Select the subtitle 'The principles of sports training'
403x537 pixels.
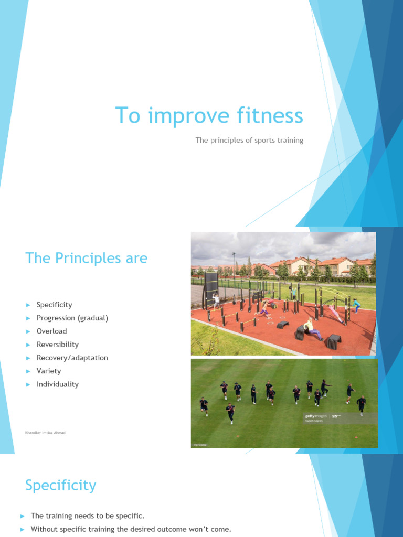(249, 140)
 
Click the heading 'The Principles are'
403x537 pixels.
(87, 258)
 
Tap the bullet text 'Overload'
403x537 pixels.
(51, 331)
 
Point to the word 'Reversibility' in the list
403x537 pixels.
(58, 345)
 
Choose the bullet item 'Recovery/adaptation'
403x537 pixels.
(72, 358)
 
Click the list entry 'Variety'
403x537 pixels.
(49, 371)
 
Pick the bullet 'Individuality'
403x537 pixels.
(58, 384)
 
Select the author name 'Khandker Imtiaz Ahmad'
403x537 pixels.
(45, 433)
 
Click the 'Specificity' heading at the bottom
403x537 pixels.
(61, 485)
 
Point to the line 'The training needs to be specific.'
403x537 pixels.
(88, 516)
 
